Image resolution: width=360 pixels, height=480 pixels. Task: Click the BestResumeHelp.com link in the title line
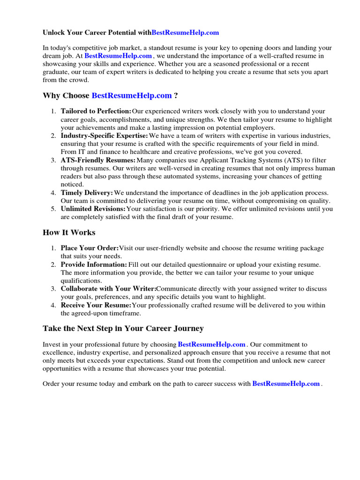pos(185,33)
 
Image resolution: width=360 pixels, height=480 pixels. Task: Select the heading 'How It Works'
pos(69,232)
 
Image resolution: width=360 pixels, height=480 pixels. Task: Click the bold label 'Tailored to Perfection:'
pos(96,111)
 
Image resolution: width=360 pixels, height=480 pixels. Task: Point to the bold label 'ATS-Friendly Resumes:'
pos(98,160)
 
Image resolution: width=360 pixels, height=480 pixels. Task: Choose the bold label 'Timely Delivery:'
pos(87,193)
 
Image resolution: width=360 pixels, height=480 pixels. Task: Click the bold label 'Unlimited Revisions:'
pos(93,209)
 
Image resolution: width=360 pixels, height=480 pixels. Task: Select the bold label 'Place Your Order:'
pos(90,248)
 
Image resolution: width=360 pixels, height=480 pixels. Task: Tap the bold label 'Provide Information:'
pos(94,264)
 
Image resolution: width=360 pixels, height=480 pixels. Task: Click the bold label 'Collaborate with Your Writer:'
pos(108,289)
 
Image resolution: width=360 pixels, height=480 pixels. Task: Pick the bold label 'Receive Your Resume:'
pos(96,305)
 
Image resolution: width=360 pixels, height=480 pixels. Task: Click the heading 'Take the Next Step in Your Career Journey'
pos(123,328)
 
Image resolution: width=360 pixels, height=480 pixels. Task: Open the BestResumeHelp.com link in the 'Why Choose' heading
pos(132,96)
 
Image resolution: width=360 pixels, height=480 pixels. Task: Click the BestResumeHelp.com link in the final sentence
pos(286,383)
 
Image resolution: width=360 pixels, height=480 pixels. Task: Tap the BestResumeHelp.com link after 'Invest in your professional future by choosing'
pos(212,344)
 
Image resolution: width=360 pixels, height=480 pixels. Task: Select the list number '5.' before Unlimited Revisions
pos(53,209)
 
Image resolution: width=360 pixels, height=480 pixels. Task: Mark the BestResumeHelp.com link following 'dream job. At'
pos(118,55)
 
